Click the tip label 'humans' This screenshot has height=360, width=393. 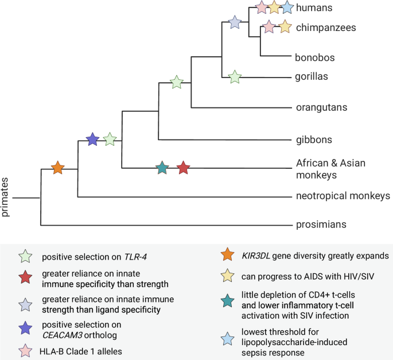[x=314, y=7]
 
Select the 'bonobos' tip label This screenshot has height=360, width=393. [x=314, y=57]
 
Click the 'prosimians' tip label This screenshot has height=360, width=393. [x=321, y=225]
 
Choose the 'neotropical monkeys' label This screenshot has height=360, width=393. [x=343, y=195]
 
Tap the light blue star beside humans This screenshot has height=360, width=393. [x=288, y=7]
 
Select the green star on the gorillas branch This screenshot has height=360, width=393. [x=234, y=77]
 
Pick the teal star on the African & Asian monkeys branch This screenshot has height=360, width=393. [x=162, y=168]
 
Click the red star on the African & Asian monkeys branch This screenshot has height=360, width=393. [x=183, y=168]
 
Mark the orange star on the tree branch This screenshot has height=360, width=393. [x=57, y=168]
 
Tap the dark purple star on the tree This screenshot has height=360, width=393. [x=92, y=139]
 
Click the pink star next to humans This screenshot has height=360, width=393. [x=261, y=7]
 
